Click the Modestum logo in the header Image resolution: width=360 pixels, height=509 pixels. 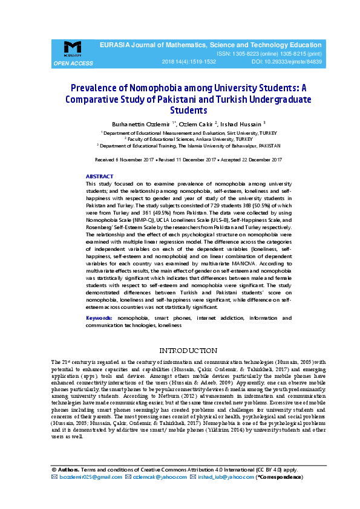(72, 48)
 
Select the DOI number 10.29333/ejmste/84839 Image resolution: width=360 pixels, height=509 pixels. (295, 62)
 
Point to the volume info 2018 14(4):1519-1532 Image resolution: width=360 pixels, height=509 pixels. (188, 62)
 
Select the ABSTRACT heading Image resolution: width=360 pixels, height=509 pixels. (99, 176)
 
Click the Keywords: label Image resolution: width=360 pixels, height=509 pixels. (99, 318)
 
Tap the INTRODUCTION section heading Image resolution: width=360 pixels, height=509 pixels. (188, 351)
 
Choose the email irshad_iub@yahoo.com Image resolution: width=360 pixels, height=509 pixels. (226, 477)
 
